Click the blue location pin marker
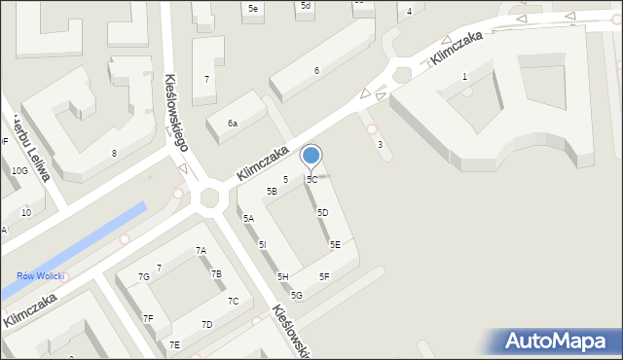[x=311, y=157]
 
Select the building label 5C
[x=311, y=180]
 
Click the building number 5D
[x=322, y=212]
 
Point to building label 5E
[x=335, y=245]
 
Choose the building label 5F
[x=325, y=277]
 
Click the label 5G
[x=296, y=295]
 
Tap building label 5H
[x=282, y=277]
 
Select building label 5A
[x=248, y=219]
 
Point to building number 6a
[x=233, y=124]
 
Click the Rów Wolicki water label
[x=40, y=276]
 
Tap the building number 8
[x=114, y=153]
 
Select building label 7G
[x=143, y=277]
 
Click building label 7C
[x=233, y=302]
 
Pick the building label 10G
[x=18, y=170]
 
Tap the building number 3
[x=380, y=145]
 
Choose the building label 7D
[x=206, y=324]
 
